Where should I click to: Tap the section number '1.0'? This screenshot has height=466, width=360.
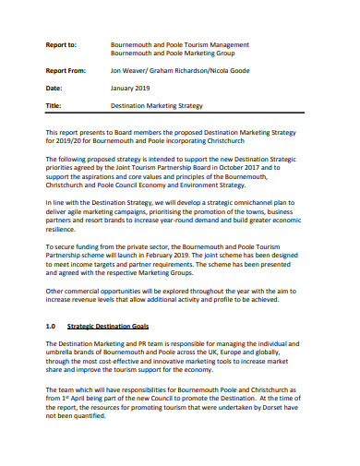tap(52, 327)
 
